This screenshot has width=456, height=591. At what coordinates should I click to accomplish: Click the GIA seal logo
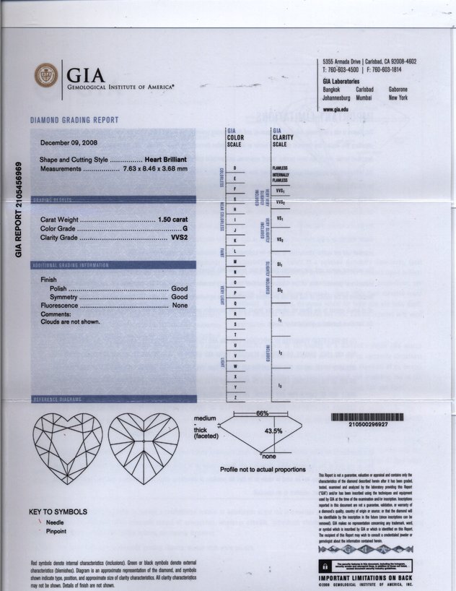pos(47,76)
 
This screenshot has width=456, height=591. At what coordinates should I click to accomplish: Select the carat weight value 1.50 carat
pos(172,219)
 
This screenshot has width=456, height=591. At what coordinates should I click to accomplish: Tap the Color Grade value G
pos(185,228)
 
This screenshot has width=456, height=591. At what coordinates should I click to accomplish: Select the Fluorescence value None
pos(180,306)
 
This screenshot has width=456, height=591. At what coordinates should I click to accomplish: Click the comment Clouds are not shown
pos(71,322)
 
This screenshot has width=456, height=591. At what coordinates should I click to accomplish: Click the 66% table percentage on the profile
pos(263,413)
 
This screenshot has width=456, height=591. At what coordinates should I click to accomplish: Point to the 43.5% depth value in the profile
pos(273,431)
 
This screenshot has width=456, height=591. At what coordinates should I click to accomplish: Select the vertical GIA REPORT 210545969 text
pos(19,210)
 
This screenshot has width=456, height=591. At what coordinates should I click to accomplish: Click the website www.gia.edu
pos(336,108)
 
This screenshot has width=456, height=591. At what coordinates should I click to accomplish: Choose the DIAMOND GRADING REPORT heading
pos(74,120)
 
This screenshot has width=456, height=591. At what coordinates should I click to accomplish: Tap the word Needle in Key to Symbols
pos(55,521)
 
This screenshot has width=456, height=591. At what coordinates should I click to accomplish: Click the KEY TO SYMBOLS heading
pos(58,512)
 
